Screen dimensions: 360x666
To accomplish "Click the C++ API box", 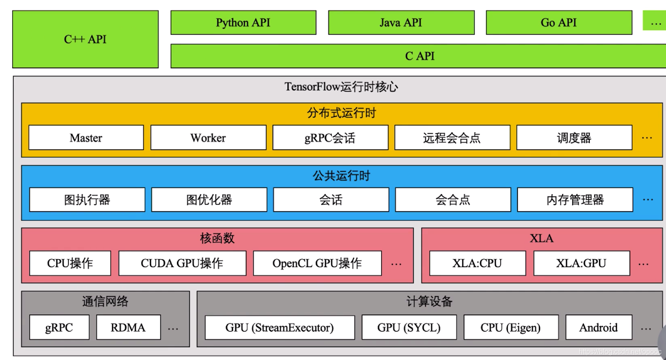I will coord(85,39).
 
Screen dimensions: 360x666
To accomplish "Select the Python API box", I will coord(243,23).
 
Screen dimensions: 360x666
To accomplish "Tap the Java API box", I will coord(401,23).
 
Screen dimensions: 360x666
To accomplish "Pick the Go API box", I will coord(559,23).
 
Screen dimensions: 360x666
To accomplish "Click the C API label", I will coord(420,56).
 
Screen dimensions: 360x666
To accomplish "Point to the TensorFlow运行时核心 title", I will coord(341,87).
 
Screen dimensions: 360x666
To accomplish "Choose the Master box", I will coord(86,138).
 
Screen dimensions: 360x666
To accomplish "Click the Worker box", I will coord(208,138).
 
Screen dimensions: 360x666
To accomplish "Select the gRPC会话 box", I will coord(330,138).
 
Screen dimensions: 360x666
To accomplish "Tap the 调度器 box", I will coord(574,138).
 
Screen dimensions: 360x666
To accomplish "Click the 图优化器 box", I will coord(209,200).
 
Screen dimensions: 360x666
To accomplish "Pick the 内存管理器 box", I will coord(575,200).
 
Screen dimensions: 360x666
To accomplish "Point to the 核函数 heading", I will coord(217,238).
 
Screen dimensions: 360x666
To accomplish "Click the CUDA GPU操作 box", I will coord(182,263).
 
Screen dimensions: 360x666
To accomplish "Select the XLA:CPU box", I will coord(477,263).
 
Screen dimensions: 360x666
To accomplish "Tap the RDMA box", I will coord(128,328).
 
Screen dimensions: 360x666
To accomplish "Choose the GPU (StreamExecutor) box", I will coord(280,328).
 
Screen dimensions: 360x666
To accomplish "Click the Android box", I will coord(599,328).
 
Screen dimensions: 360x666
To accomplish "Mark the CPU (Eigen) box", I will coord(511,328).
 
